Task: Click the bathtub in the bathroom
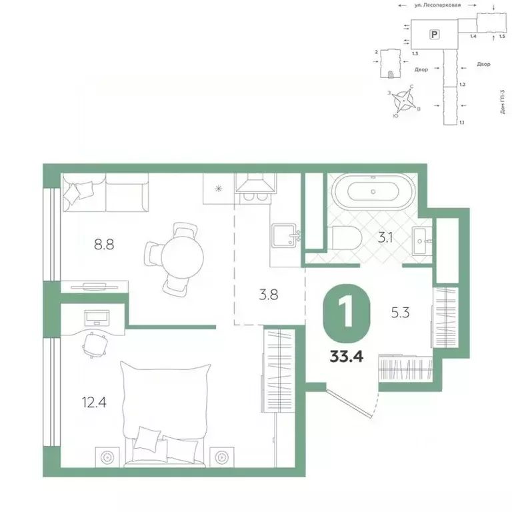point(373,191)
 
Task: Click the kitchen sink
point(283,236)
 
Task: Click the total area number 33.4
point(347,355)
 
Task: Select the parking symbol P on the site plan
point(435,33)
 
